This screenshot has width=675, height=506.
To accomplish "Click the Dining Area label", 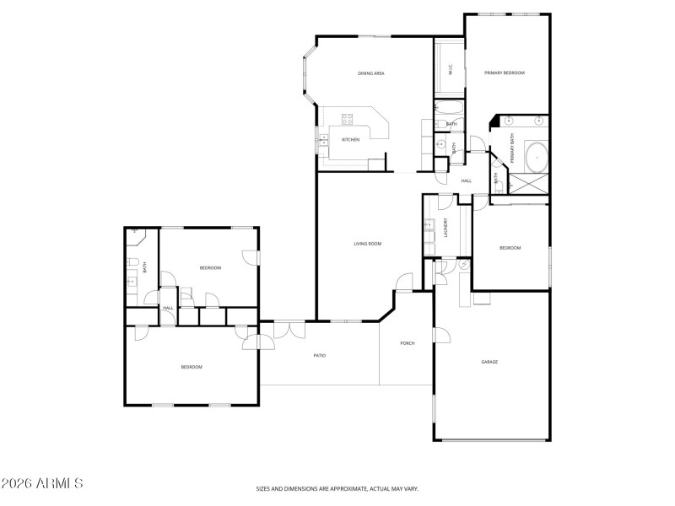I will (371, 74).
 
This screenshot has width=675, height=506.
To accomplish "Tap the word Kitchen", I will (350, 139).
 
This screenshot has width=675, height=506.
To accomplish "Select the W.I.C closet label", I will (451, 71).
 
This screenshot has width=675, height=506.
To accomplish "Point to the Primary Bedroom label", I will (505, 73).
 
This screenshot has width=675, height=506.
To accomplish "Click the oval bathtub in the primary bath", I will (536, 156).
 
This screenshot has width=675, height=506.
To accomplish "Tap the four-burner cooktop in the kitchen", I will (348, 119).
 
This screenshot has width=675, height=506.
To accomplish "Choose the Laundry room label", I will (445, 228).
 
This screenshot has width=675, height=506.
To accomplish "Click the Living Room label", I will (368, 244).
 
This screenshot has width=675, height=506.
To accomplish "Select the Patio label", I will (320, 355).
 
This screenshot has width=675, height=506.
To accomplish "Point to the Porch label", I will (408, 343).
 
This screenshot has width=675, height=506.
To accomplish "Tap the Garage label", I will (489, 362).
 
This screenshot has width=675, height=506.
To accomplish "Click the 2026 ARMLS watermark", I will (42, 484).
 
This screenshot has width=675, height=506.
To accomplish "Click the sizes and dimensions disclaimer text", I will (337, 488).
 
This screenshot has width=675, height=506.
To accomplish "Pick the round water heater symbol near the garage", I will (462, 264).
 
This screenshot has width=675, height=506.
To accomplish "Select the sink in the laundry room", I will (429, 225).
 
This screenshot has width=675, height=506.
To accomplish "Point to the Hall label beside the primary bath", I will (466, 180).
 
